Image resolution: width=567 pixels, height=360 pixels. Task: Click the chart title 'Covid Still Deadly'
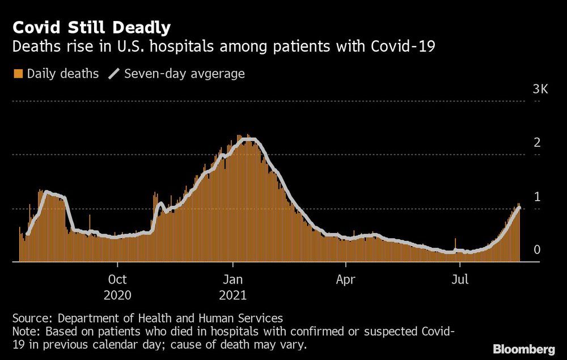coord(91,27)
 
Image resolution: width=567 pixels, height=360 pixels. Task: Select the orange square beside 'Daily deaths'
coord(18,74)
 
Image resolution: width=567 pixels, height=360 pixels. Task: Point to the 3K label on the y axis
coord(540,90)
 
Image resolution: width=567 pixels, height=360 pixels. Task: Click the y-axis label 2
coord(536,143)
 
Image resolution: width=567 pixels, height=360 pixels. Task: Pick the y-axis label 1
coord(536,197)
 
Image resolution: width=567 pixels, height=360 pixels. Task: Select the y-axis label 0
coord(536,250)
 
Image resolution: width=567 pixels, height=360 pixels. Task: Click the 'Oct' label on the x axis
coord(117,279)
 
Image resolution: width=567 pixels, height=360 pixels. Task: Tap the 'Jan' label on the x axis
coord(232,279)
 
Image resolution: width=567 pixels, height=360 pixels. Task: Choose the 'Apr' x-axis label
coord(346,279)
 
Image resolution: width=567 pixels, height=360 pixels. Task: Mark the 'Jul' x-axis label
coord(460,279)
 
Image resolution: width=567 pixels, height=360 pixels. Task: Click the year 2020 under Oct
coord(117,295)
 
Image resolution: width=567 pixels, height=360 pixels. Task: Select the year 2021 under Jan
coord(232,295)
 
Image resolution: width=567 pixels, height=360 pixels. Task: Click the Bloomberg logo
coord(524,349)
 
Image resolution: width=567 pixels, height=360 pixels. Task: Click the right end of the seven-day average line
coord(519,209)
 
